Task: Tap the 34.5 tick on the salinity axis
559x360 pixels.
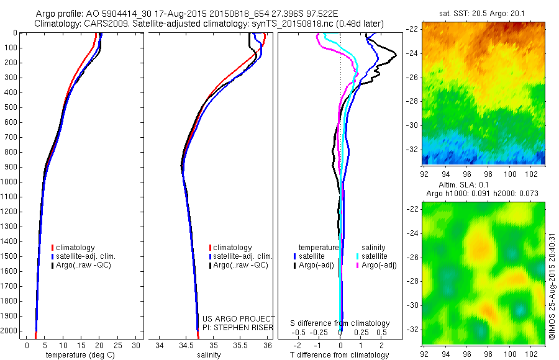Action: [186, 344]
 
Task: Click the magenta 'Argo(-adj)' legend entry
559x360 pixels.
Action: [378, 265]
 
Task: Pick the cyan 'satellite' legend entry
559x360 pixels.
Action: [375, 256]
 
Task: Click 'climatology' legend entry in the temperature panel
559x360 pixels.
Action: [75, 248]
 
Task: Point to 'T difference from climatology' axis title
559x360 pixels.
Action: [340, 355]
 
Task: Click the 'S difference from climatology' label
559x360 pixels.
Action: [340, 323]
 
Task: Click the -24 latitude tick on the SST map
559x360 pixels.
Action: [412, 53]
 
